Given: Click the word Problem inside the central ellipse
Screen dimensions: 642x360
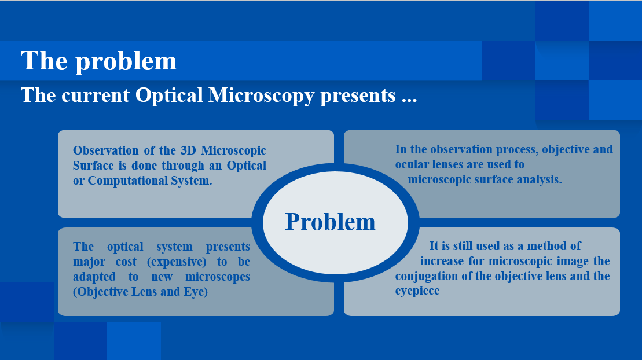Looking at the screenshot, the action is click(x=330, y=222).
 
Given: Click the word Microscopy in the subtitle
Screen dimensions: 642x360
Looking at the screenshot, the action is click(x=261, y=96).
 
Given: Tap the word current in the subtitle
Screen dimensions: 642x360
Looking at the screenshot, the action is click(x=96, y=95).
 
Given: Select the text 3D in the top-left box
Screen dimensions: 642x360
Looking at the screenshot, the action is click(x=188, y=150).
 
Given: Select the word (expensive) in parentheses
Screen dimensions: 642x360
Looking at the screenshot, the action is click(x=177, y=262).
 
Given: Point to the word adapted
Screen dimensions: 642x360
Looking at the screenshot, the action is click(x=94, y=277).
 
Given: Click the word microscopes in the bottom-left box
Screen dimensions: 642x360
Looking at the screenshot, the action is click(x=218, y=277).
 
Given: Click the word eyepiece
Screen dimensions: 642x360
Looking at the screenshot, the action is click(x=417, y=291).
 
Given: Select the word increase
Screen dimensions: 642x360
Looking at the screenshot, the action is click(x=442, y=261).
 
